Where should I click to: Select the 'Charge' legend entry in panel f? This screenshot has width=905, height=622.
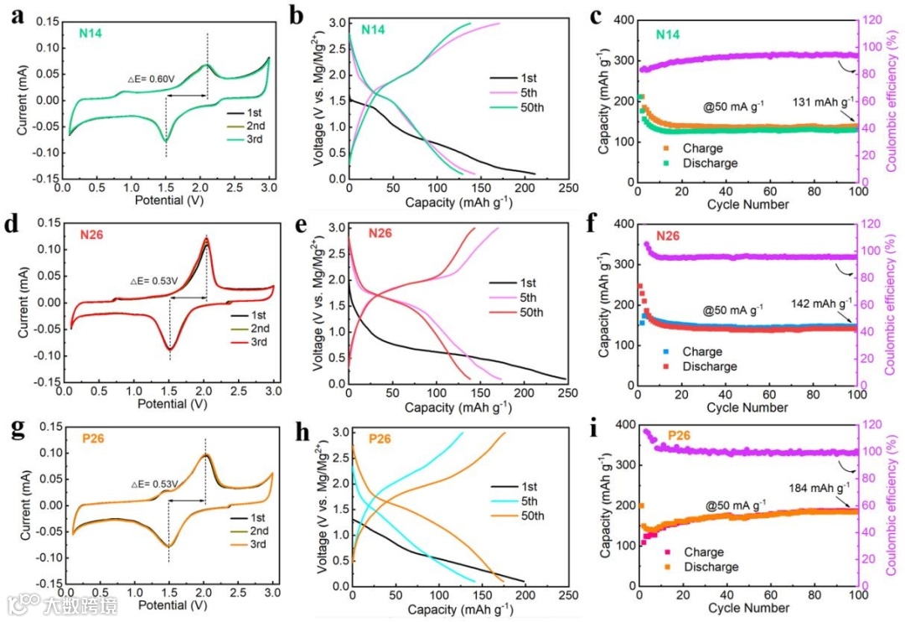coord(702,352)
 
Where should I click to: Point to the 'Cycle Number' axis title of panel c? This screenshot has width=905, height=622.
coord(747,205)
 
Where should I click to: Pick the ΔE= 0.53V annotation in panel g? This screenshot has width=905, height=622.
coord(153,484)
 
